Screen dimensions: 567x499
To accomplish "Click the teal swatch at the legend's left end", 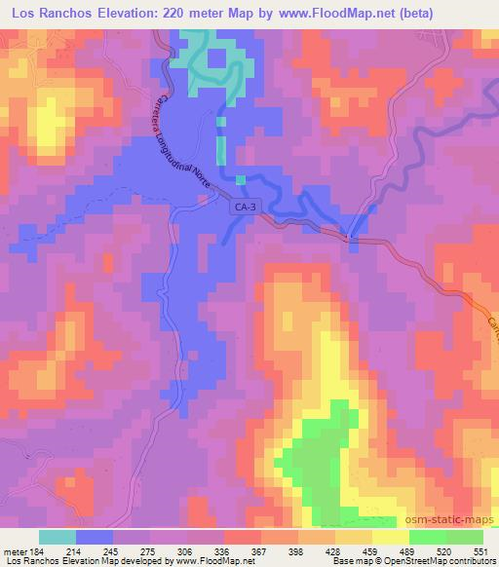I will pyautogui.click(x=58, y=537).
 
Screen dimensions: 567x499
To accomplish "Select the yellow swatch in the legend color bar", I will pyautogui.click(x=392, y=537).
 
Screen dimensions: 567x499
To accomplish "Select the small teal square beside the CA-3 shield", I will pyautogui.click(x=241, y=179).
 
